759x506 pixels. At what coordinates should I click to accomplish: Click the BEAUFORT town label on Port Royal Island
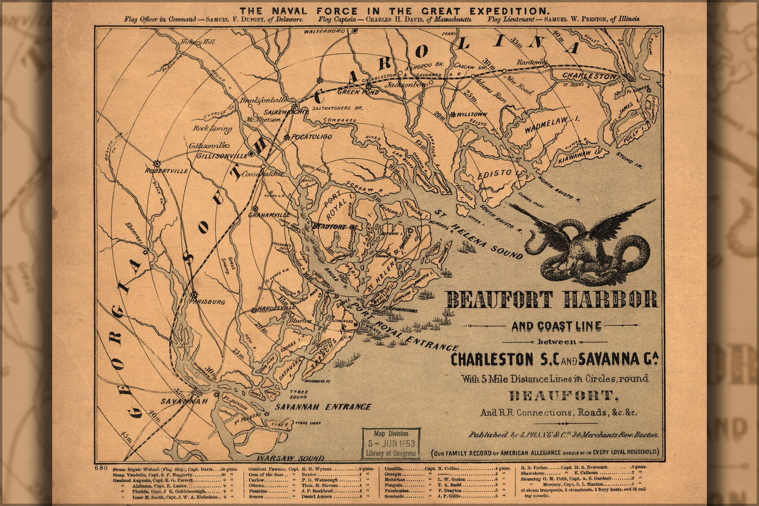coord(330,226)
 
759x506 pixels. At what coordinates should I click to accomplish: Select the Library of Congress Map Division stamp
coord(391,443)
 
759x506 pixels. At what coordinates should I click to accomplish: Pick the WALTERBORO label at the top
coord(324,31)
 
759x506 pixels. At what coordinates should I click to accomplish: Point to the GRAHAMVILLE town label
coord(269,215)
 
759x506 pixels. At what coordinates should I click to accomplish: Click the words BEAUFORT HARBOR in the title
coord(552,300)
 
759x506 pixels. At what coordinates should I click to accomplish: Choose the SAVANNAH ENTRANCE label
coord(323,407)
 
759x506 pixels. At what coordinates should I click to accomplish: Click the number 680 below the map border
coord(101,468)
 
